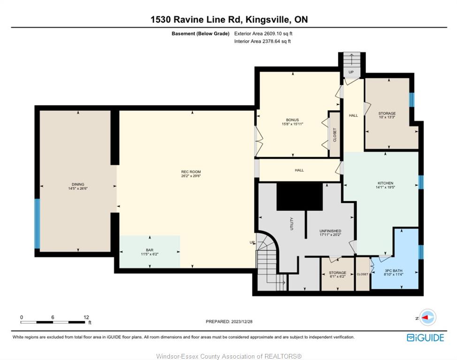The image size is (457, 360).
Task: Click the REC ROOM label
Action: pos(191,172)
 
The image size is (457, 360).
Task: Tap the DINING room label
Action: pos(78,184)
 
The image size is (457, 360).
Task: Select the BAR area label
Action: pos(150,250)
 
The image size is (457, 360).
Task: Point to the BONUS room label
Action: pos(292,120)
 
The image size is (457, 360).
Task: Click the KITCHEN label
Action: pos(385,183)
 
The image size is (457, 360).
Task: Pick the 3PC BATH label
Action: pos(394,270)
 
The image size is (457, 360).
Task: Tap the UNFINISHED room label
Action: pos(330,231)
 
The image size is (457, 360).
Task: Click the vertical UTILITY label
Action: pos(292,224)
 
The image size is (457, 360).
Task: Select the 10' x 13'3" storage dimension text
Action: pos(387,117)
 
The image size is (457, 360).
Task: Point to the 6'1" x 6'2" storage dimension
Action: pos(337,277)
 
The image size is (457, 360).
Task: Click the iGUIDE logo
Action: pos(426,337)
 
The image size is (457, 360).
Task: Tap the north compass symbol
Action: pos(427,317)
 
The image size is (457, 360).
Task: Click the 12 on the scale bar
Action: pos(86,317)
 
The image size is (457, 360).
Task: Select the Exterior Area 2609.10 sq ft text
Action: pos(263,33)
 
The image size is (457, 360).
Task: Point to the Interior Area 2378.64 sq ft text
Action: pos(262,41)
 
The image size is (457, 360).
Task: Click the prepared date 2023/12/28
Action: pos(242,322)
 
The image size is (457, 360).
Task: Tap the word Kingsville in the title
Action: pos(268,20)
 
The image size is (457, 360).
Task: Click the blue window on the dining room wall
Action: pos(37,224)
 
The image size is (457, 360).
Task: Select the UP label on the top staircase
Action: pos(351,72)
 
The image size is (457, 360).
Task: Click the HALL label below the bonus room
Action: pos(299,170)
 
